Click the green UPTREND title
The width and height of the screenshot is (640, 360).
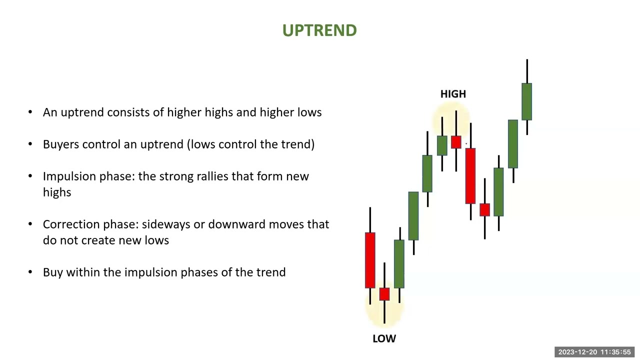(x=319, y=30)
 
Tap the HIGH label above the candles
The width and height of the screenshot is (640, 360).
(x=453, y=94)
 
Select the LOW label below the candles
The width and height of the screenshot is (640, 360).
(x=384, y=338)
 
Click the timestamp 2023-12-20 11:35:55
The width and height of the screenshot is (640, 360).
(x=594, y=352)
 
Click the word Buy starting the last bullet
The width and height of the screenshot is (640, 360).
(x=53, y=272)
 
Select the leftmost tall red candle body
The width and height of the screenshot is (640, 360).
(x=370, y=260)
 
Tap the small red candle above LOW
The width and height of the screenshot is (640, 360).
(x=384, y=294)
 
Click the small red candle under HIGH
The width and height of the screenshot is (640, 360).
(x=456, y=142)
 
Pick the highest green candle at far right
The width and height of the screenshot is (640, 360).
(x=526, y=101)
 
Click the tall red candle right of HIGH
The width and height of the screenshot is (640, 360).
(x=470, y=175)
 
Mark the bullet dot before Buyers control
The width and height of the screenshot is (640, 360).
(x=31, y=144)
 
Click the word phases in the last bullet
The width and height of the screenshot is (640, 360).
(x=206, y=272)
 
